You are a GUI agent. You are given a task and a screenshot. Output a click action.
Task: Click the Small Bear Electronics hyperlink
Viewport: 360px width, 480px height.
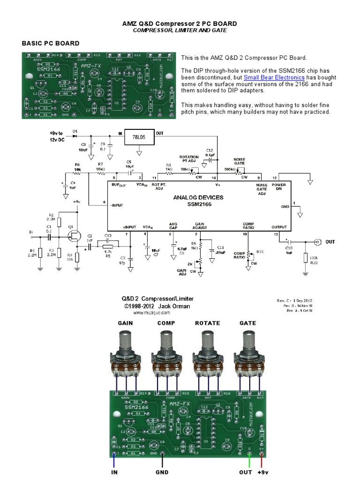pyautogui.click(x=274, y=77)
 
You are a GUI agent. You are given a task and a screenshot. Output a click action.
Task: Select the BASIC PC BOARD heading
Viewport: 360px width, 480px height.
pyautogui.click(x=51, y=44)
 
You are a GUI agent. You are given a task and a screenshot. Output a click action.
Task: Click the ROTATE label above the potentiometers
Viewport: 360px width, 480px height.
pyautogui.click(x=207, y=323)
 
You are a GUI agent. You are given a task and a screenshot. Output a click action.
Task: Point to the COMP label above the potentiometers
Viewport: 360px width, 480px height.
pyautogui.click(x=166, y=323)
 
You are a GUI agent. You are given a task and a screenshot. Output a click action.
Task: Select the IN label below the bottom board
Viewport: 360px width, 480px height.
pyautogui.click(x=114, y=472)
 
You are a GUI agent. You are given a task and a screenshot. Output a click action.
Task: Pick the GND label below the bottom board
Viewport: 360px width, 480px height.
pyautogui.click(x=162, y=472)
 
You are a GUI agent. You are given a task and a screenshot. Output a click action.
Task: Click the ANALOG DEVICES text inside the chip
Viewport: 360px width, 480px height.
pyautogui.click(x=198, y=197)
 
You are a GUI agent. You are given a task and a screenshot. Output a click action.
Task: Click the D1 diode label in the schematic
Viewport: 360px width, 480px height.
pyautogui.click(x=75, y=130)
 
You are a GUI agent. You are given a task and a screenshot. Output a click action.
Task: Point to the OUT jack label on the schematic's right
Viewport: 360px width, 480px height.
pyautogui.click(x=330, y=242)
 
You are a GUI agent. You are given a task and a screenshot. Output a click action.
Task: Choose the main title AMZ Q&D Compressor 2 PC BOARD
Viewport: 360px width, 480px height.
pyautogui.click(x=180, y=23)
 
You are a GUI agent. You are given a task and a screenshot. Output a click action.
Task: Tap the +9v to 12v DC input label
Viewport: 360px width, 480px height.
pyautogui.click(x=57, y=136)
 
